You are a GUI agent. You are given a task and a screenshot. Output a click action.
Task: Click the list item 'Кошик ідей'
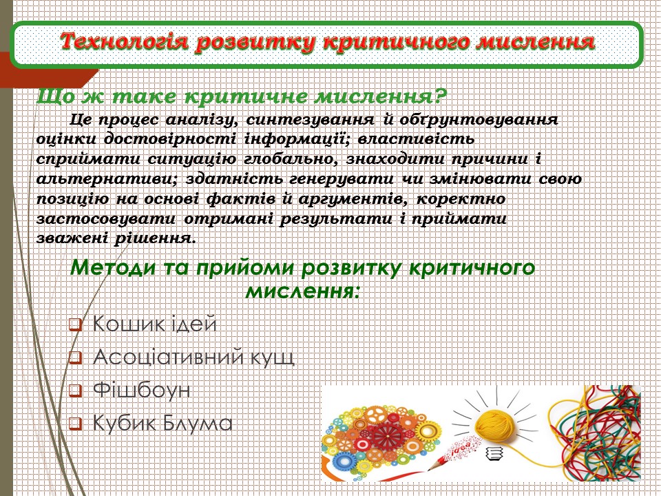(x=154, y=324)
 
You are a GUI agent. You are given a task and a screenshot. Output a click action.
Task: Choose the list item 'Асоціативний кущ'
(x=193, y=358)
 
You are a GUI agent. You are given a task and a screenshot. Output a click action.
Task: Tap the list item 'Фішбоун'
(x=141, y=391)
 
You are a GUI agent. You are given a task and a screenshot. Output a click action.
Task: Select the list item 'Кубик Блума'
(x=162, y=423)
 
